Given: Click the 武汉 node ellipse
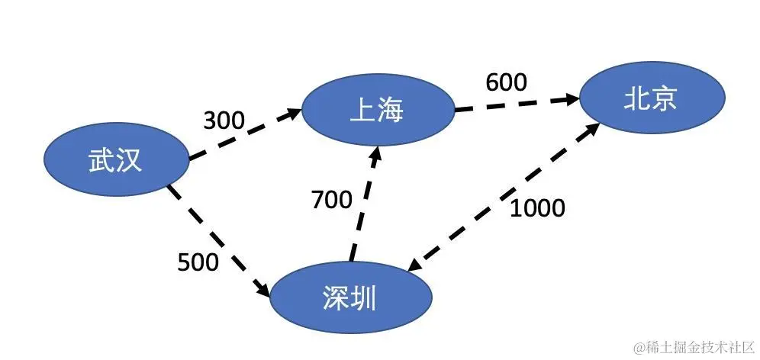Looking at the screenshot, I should point(114,162).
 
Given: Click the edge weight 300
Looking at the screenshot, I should point(224,120).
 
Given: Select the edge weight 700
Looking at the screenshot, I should point(332,200).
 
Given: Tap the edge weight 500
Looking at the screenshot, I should point(198,262).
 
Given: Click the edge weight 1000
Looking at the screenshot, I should point(537,207).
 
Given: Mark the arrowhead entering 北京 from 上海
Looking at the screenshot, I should point(573,99).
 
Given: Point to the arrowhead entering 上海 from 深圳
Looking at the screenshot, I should point(375,152).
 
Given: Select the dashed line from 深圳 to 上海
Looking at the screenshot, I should point(362,206).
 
